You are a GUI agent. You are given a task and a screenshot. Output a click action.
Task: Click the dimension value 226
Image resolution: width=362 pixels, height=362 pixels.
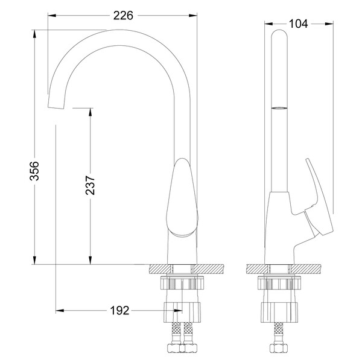pyautogui.click(x=122, y=15)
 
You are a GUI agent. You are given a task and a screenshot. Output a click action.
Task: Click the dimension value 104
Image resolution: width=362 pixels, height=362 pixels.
pyautogui.click(x=298, y=24)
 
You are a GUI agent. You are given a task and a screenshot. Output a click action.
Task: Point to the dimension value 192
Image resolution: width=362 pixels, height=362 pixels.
pyautogui.click(x=119, y=311)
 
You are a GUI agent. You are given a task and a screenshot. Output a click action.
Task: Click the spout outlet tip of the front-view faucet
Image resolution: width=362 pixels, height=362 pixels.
pyautogui.click(x=56, y=106)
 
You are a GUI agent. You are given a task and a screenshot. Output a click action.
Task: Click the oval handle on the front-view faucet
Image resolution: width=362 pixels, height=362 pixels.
pyautogui.click(x=182, y=196)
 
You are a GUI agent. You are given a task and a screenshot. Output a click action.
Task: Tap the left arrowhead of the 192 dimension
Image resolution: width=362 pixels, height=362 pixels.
pyautogui.click(x=59, y=311)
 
